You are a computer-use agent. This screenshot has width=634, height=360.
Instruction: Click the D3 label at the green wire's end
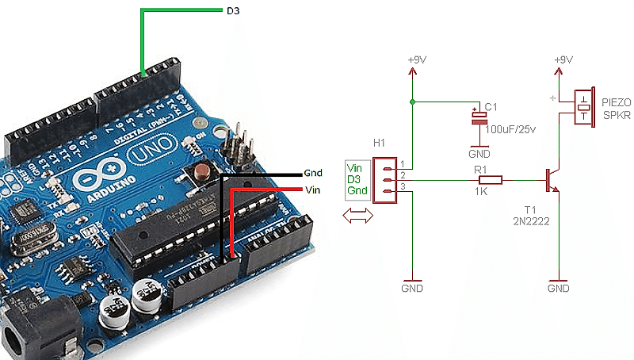[x=232, y=12]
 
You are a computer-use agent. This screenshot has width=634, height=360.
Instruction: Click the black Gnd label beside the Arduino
[x=314, y=173]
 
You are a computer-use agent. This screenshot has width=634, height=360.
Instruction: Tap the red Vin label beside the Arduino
[x=312, y=190]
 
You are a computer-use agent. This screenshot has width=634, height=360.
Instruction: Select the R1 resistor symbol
[x=491, y=180]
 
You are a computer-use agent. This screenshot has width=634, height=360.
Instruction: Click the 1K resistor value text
[x=480, y=193]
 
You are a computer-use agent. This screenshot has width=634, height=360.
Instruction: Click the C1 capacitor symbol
[x=479, y=117]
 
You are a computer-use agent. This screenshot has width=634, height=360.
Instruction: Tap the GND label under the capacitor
[x=479, y=153]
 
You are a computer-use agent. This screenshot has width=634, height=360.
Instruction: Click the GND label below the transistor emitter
[x=558, y=288]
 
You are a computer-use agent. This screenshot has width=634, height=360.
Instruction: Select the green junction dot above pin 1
[x=412, y=101]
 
